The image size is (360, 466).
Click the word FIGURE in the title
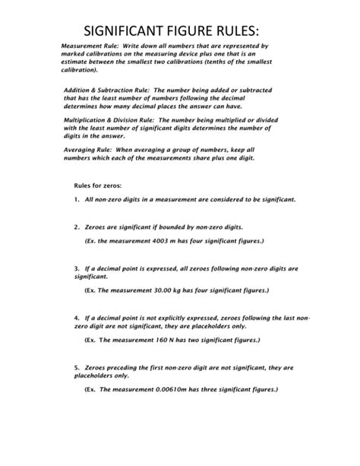tap(193, 30)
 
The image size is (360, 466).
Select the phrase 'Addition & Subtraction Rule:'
tap(107, 90)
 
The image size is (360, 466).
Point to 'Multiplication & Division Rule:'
tap(110, 121)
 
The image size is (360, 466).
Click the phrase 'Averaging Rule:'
tap(87, 151)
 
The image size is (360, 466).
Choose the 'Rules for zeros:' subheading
tap(96, 185)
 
